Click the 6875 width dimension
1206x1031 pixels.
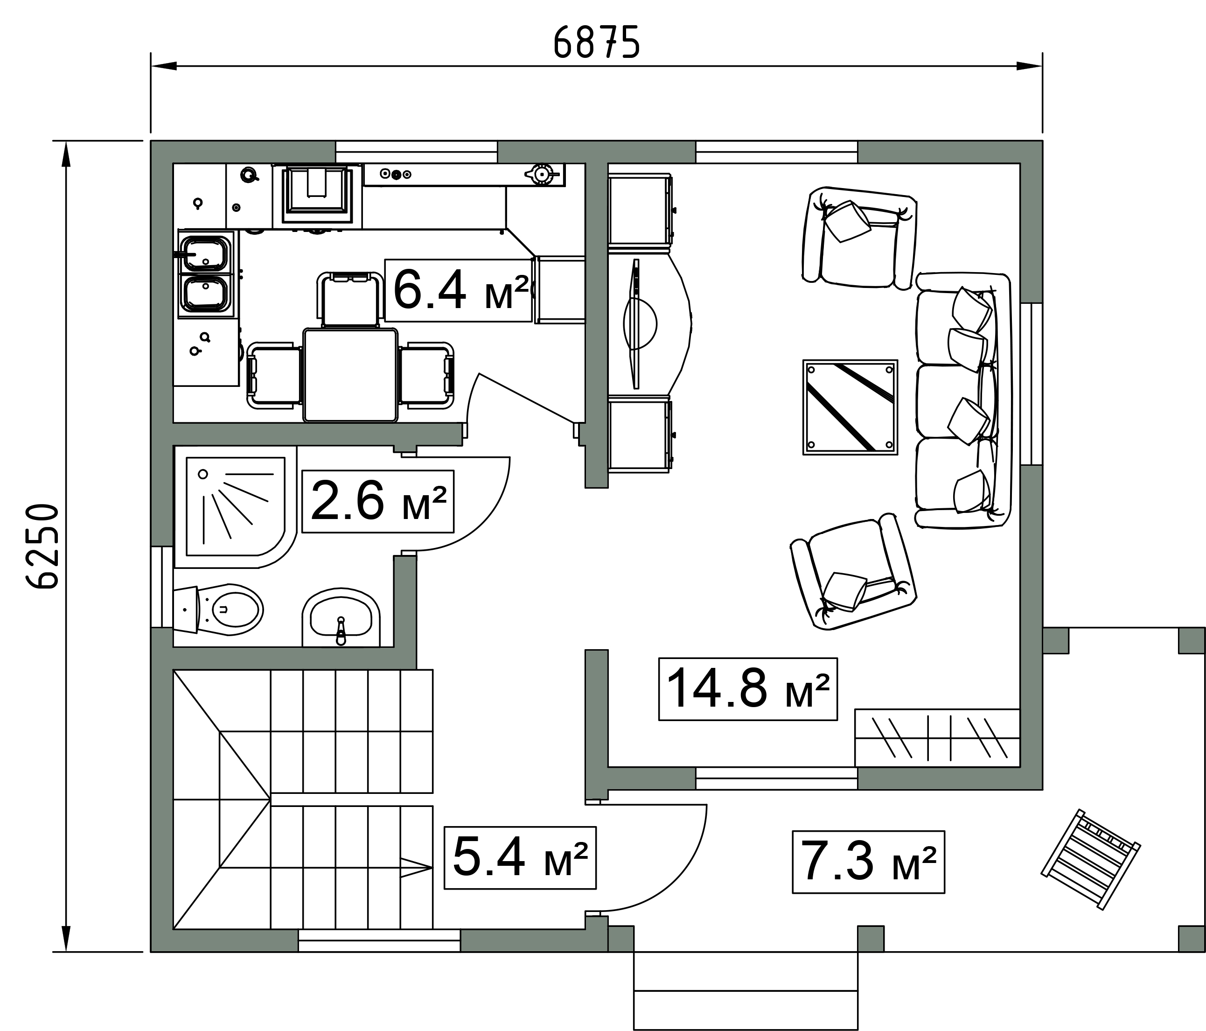(596, 42)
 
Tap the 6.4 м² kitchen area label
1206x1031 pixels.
(460, 290)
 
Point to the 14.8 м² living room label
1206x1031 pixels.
(748, 689)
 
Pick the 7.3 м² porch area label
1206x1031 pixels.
(868, 862)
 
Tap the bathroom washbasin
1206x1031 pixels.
(341, 618)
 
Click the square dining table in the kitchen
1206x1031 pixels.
(350, 374)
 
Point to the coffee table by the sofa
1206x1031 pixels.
(850, 407)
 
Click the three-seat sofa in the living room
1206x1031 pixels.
(963, 400)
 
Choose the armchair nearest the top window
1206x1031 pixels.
(859, 238)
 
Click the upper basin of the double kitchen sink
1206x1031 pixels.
(205, 254)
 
